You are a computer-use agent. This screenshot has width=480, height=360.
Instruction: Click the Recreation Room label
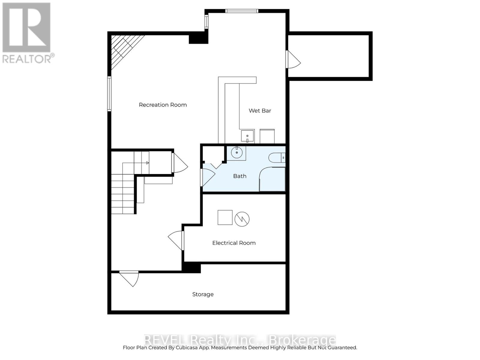pyautogui.click(x=163, y=105)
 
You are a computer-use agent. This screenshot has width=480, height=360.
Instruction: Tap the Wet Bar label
pyautogui.click(x=260, y=111)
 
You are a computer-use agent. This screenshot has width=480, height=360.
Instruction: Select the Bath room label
pyautogui.click(x=240, y=176)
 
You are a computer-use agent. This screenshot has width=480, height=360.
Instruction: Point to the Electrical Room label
pyautogui.click(x=234, y=243)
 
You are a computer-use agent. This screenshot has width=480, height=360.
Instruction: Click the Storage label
pyautogui.click(x=203, y=294)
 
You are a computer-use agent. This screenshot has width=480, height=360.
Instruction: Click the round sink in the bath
pyautogui.click(x=237, y=153)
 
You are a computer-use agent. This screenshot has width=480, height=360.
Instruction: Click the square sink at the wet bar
pyautogui.click(x=247, y=136)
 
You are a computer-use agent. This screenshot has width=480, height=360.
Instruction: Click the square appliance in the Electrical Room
pyautogui.click(x=225, y=217)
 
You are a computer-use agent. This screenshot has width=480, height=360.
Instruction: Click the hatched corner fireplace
pyautogui.click(x=123, y=48)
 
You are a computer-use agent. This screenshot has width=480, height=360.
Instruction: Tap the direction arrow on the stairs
pyautogui.click(x=147, y=163)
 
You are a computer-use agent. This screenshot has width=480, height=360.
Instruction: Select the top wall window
pyautogui.click(x=241, y=11)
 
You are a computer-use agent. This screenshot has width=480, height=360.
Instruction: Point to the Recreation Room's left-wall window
pyautogui.click(x=109, y=94)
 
